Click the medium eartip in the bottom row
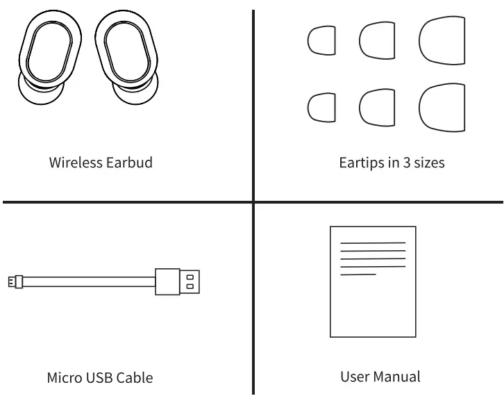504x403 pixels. click(x=376, y=106)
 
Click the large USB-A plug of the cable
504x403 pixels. click(x=178, y=281)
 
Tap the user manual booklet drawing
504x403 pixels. click(x=371, y=281)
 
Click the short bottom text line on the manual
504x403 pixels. click(x=358, y=274)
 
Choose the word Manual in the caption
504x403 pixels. click(x=403, y=377)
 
